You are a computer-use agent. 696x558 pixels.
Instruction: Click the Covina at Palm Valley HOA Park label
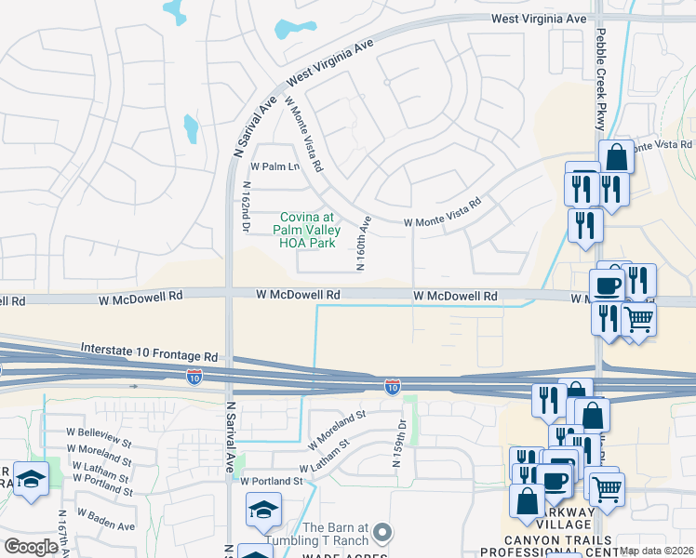308,230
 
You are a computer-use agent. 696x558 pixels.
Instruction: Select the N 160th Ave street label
364,244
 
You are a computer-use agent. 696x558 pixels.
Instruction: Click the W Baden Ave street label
106,519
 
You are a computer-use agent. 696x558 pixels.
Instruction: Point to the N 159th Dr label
402,437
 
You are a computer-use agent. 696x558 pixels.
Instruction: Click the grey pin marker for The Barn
382,533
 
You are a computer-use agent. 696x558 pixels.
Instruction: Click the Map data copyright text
657,551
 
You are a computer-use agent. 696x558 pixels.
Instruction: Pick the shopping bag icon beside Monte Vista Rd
616,156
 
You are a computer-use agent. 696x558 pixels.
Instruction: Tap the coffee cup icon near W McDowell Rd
607,285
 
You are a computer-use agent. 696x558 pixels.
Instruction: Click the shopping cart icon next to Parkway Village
607,486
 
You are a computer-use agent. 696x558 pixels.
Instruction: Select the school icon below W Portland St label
263,509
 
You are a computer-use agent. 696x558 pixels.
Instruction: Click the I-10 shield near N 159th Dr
394,385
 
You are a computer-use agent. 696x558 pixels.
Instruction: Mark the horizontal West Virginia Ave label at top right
540,19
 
